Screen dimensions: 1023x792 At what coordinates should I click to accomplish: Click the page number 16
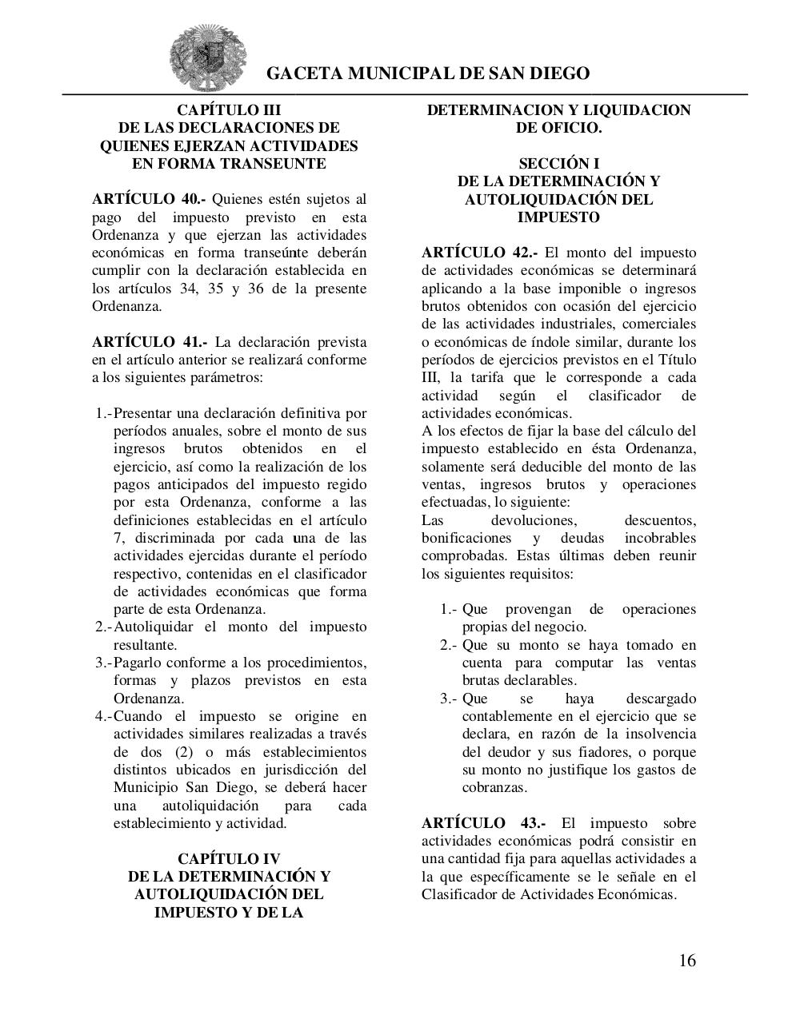pyautogui.click(x=687, y=961)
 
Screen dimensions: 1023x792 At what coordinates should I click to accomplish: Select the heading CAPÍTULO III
pyautogui.click(x=229, y=110)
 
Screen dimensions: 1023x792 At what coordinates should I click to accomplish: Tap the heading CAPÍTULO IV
pyautogui.click(x=229, y=859)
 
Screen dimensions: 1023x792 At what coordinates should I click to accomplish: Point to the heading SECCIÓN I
pyautogui.click(x=558, y=164)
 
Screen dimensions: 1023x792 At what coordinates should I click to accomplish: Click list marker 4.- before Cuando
pyautogui.click(x=103, y=716)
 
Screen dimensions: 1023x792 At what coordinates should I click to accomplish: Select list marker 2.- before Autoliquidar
pyautogui.click(x=103, y=627)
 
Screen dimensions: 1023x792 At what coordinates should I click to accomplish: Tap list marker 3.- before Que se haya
pyautogui.click(x=448, y=699)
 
